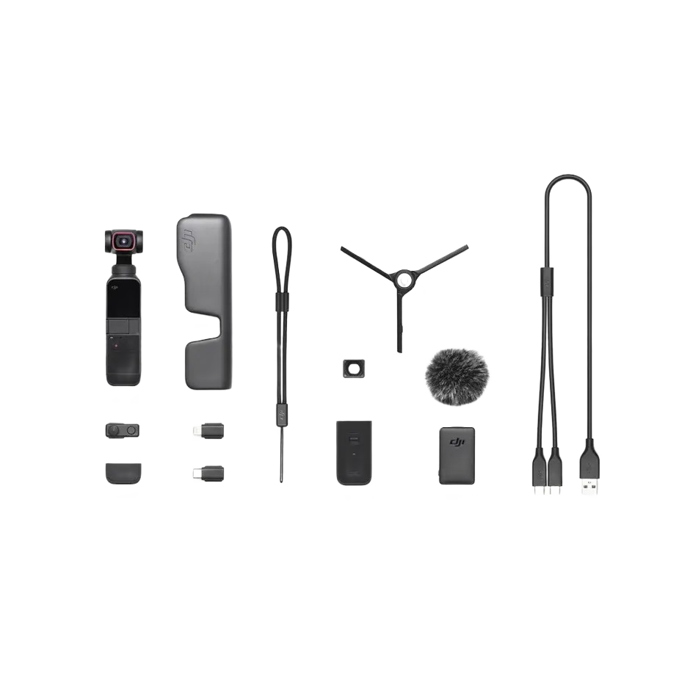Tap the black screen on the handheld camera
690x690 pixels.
pyautogui.click(x=123, y=298)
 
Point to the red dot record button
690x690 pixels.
pyautogui.click(x=114, y=341)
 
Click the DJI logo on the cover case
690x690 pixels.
pyautogui.click(x=189, y=239)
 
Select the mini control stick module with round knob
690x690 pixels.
pyautogui.click(x=122, y=430)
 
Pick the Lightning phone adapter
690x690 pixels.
pyautogui.click(x=209, y=430)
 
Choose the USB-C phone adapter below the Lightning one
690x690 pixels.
pyautogui.click(x=209, y=473)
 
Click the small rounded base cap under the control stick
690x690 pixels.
pyautogui.click(x=123, y=473)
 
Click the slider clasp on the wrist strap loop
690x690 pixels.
pyautogui.click(x=282, y=301)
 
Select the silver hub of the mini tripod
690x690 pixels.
pyautogui.click(x=404, y=278)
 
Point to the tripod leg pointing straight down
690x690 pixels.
pyautogui.click(x=399, y=323)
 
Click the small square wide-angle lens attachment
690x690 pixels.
pyautogui.click(x=353, y=368)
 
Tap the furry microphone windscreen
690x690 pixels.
pyautogui.click(x=457, y=376)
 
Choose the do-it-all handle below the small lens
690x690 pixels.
pyautogui.click(x=354, y=452)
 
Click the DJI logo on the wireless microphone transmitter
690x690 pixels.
pyautogui.click(x=457, y=441)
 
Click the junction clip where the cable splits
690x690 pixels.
pyautogui.click(x=546, y=283)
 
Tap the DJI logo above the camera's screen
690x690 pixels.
pyautogui.click(x=123, y=272)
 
